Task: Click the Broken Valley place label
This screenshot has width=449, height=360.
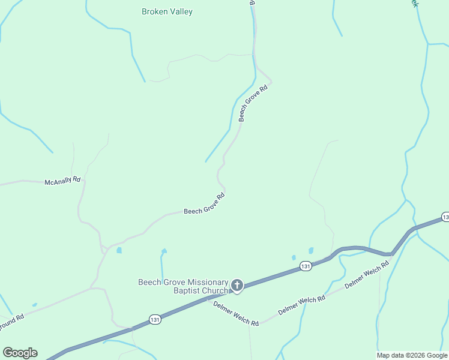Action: point(167,11)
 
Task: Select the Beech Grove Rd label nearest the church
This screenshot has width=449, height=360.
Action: point(204,204)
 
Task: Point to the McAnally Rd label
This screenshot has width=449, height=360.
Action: point(62,181)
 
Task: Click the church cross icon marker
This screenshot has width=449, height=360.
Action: point(237,286)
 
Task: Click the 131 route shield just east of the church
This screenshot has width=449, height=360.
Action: point(306,266)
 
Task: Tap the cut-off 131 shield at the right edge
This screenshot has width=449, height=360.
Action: point(445,217)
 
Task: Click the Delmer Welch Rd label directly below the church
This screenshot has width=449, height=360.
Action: point(236,313)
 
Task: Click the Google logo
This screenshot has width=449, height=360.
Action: point(20,353)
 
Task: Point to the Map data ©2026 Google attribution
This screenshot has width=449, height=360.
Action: point(412,355)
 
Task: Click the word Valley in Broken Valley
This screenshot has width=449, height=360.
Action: point(180,11)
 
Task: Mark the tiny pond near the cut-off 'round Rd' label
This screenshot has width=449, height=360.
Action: point(34,305)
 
